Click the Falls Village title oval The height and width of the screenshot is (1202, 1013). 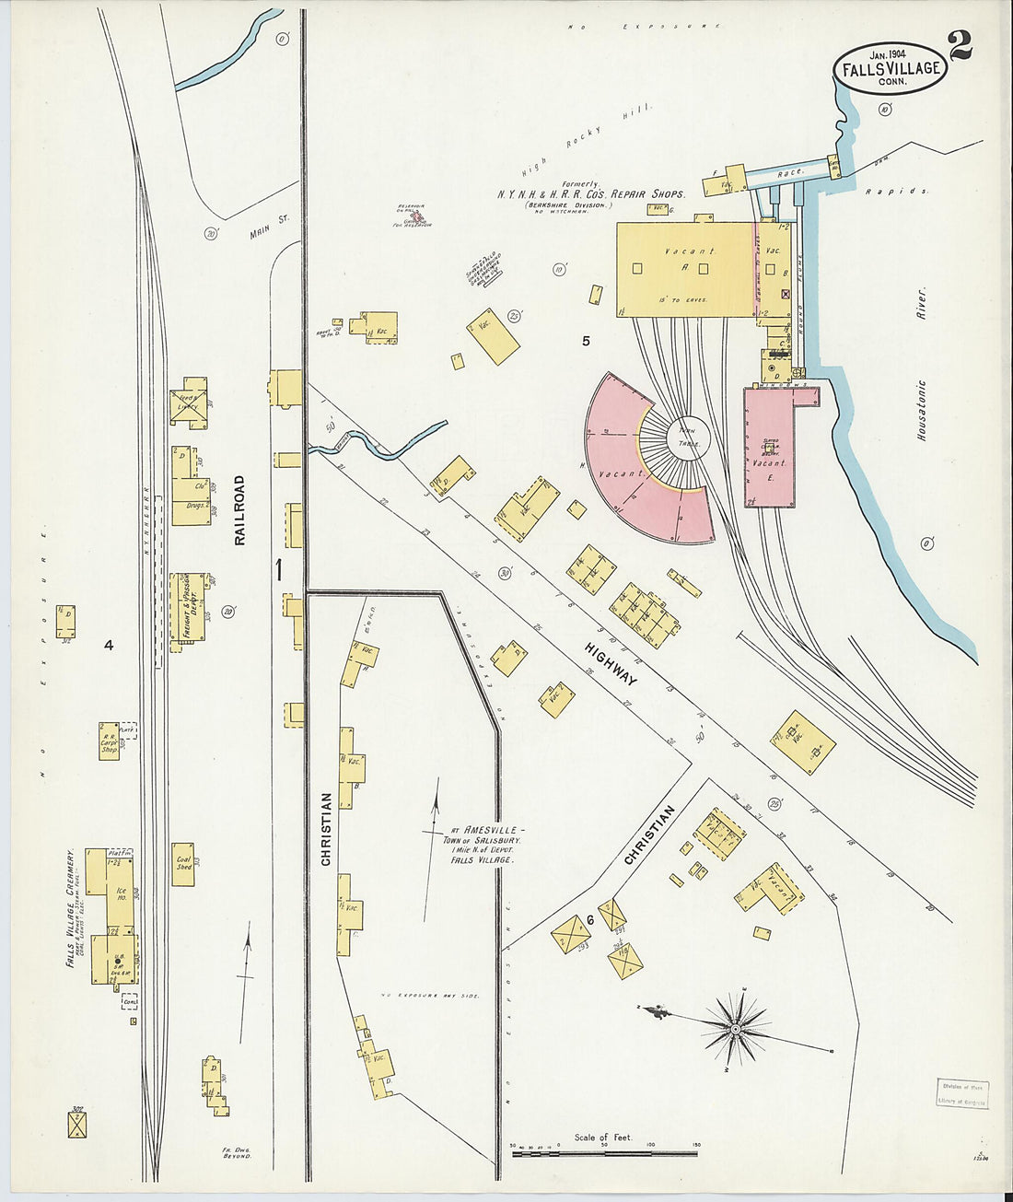pos(890,68)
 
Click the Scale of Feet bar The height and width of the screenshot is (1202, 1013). pos(604,1150)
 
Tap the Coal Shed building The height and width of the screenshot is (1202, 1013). pos(183,864)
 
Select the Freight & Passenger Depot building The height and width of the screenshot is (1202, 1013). pos(188,606)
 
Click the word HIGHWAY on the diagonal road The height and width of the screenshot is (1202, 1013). pos(611,663)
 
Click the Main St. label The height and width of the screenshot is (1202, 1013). pos(271,226)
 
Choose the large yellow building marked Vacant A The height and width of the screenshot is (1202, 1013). pos(686,268)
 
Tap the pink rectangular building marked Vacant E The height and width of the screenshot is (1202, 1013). pos(769,449)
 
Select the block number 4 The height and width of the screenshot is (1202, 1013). pos(108,646)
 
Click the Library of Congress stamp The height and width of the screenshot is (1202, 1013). pos(963,1093)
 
